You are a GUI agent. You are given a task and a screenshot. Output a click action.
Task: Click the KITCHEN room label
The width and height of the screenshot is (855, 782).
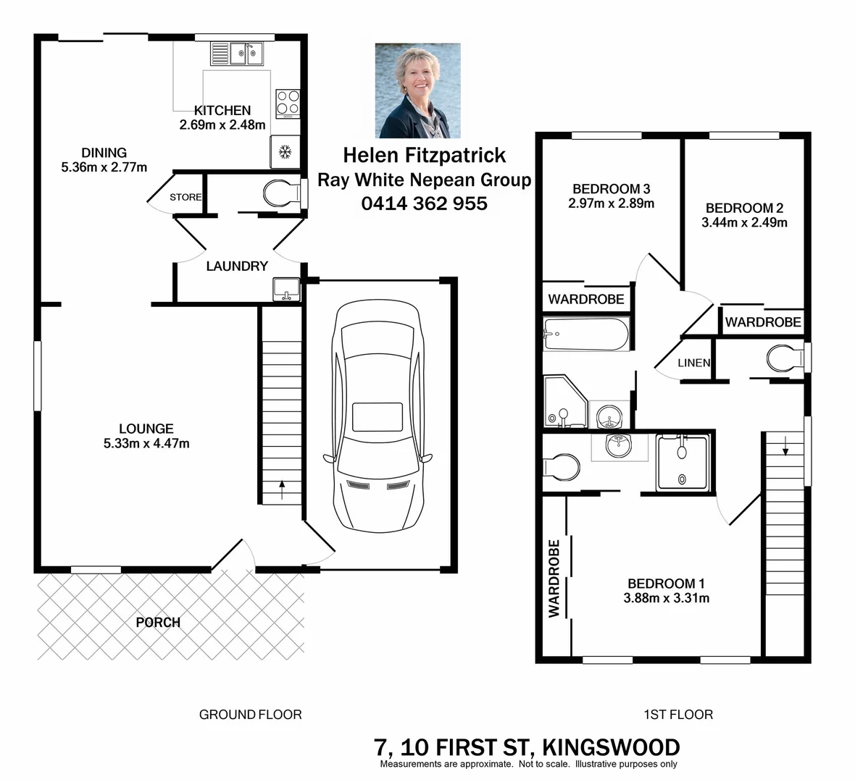tap(222, 111)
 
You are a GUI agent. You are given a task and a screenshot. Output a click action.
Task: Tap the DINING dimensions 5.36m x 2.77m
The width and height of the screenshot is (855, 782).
tap(104, 167)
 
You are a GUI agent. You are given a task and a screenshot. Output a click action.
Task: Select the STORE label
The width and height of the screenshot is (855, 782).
tap(185, 197)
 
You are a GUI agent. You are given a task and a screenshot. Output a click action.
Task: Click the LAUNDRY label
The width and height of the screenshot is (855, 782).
tap(237, 266)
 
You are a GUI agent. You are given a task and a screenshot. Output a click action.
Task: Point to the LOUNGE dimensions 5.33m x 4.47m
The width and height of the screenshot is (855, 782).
tap(146, 443)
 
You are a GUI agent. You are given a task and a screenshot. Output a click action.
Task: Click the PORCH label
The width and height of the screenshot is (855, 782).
tap(158, 622)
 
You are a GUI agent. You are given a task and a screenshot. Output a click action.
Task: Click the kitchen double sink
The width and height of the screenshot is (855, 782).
tap(237, 53)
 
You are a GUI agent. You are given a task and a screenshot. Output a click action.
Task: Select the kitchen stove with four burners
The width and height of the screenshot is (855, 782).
tap(288, 102)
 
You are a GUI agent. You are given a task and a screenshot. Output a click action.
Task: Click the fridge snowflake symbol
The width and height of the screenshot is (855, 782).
tap(285, 152)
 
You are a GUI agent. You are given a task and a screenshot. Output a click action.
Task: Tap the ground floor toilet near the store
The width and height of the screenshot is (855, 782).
tap(280, 194)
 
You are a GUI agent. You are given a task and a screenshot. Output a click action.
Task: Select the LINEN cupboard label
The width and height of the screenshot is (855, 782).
tap(694, 362)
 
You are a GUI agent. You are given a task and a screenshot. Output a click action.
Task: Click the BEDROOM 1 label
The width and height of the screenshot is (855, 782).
tap(666, 584)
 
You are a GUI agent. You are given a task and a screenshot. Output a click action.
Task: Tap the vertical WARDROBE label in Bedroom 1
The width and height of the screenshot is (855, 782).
tap(554, 578)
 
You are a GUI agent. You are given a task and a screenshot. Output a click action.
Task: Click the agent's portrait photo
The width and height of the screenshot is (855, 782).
tap(417, 91)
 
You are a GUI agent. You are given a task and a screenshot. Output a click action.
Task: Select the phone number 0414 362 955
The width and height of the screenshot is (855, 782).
tap(424, 203)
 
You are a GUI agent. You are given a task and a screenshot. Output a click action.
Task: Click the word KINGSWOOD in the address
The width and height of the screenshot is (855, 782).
tap(611, 747)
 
